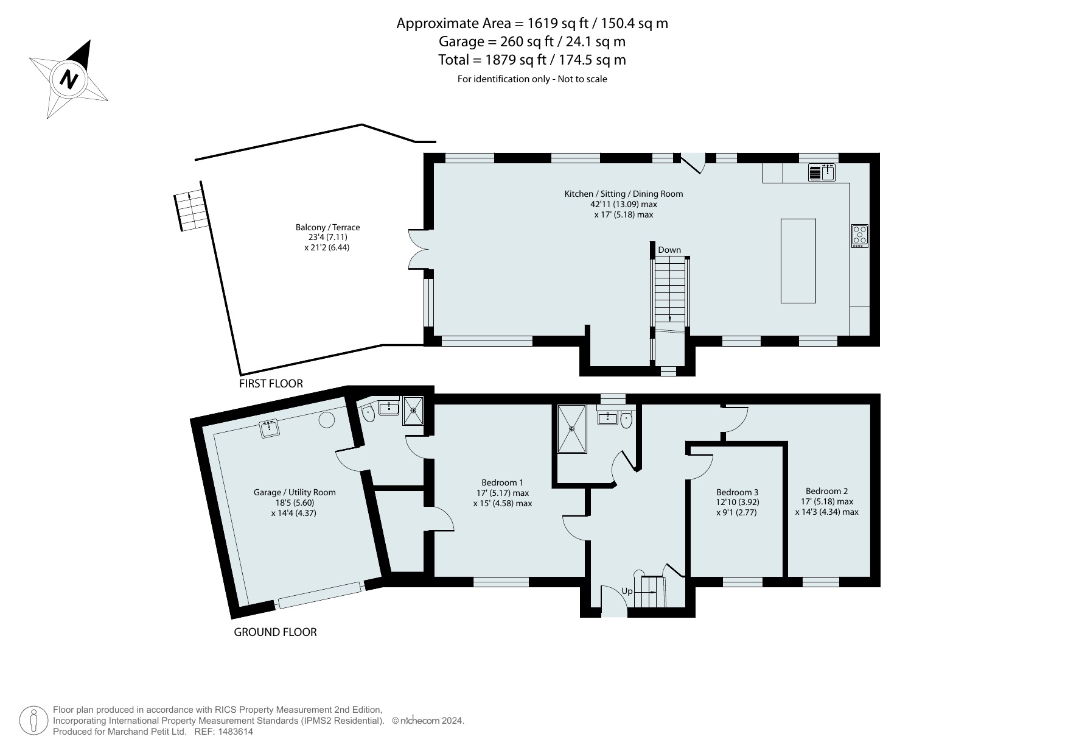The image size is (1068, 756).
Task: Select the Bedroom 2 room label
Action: pos(826,491)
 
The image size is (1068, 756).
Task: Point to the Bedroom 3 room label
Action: pos(738,492)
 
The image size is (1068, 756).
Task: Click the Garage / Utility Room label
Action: pos(295,492)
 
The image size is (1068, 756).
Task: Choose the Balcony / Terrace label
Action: pos(327,227)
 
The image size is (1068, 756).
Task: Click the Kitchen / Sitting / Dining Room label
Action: pos(624,194)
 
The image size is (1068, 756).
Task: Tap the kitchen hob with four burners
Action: pos(860,235)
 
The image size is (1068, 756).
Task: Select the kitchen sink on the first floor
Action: pos(822,172)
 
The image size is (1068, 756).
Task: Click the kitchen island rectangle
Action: pos(798,261)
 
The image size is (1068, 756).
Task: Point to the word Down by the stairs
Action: pos(669,250)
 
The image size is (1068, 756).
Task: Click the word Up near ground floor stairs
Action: pos(627,592)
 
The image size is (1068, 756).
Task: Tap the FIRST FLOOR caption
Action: pos(271,384)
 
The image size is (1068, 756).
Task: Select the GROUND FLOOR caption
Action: pos(276,632)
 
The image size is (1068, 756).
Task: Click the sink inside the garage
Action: pos(269,428)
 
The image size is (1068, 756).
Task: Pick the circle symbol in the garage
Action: pos(327,419)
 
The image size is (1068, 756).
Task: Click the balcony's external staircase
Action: pos(191,211)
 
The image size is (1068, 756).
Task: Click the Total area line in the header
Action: pos(532,60)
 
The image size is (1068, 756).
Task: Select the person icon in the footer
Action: pos(33,721)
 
